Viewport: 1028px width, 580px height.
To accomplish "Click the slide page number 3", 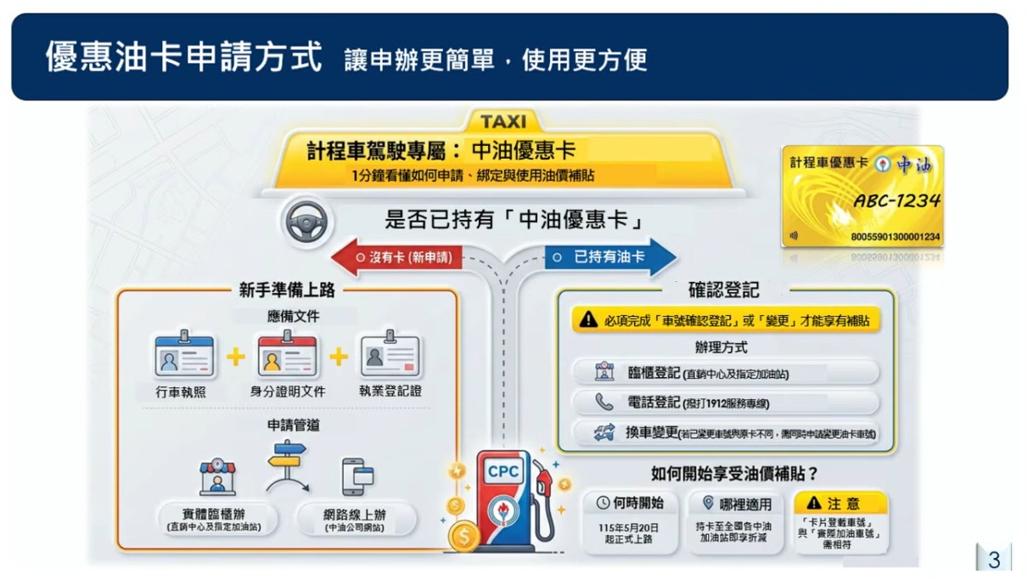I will (994, 560).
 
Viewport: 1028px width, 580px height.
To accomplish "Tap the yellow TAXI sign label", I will (503, 121).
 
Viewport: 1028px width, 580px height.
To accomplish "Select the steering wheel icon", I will (306, 222).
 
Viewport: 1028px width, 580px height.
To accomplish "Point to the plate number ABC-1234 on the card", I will (896, 201).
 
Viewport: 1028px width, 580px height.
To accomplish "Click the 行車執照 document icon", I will (183, 357).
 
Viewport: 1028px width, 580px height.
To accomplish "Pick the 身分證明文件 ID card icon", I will (287, 357).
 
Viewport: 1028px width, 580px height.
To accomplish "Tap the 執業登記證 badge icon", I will (390, 357).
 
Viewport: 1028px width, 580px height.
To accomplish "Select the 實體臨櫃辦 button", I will (217, 519).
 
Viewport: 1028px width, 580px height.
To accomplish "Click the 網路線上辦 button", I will (355, 519).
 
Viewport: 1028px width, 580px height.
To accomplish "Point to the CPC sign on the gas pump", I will (504, 472).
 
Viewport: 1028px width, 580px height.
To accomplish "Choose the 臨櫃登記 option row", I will (726, 372).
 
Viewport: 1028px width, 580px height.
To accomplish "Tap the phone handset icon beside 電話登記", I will (604, 403).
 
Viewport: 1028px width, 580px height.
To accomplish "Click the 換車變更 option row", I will (726, 433).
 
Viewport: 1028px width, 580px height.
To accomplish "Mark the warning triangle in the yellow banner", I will (588, 320).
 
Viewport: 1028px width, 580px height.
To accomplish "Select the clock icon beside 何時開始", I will (603, 503).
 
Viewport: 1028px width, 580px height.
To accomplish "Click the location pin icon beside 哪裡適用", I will (709, 503).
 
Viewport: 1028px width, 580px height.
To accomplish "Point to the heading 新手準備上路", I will (287, 290).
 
